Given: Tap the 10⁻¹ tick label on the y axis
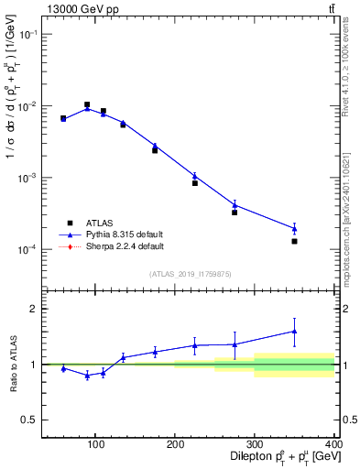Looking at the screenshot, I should pyautogui.click(x=27, y=34).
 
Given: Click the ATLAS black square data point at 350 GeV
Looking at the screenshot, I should pyautogui.click(x=294, y=241).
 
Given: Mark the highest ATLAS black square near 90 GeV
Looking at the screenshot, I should pyautogui.click(x=87, y=104).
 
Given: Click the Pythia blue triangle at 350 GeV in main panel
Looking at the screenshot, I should pyautogui.click(x=294, y=228).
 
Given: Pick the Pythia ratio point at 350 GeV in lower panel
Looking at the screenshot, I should pyautogui.click(x=294, y=332).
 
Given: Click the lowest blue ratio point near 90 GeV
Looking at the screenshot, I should pyautogui.click(x=87, y=376).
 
